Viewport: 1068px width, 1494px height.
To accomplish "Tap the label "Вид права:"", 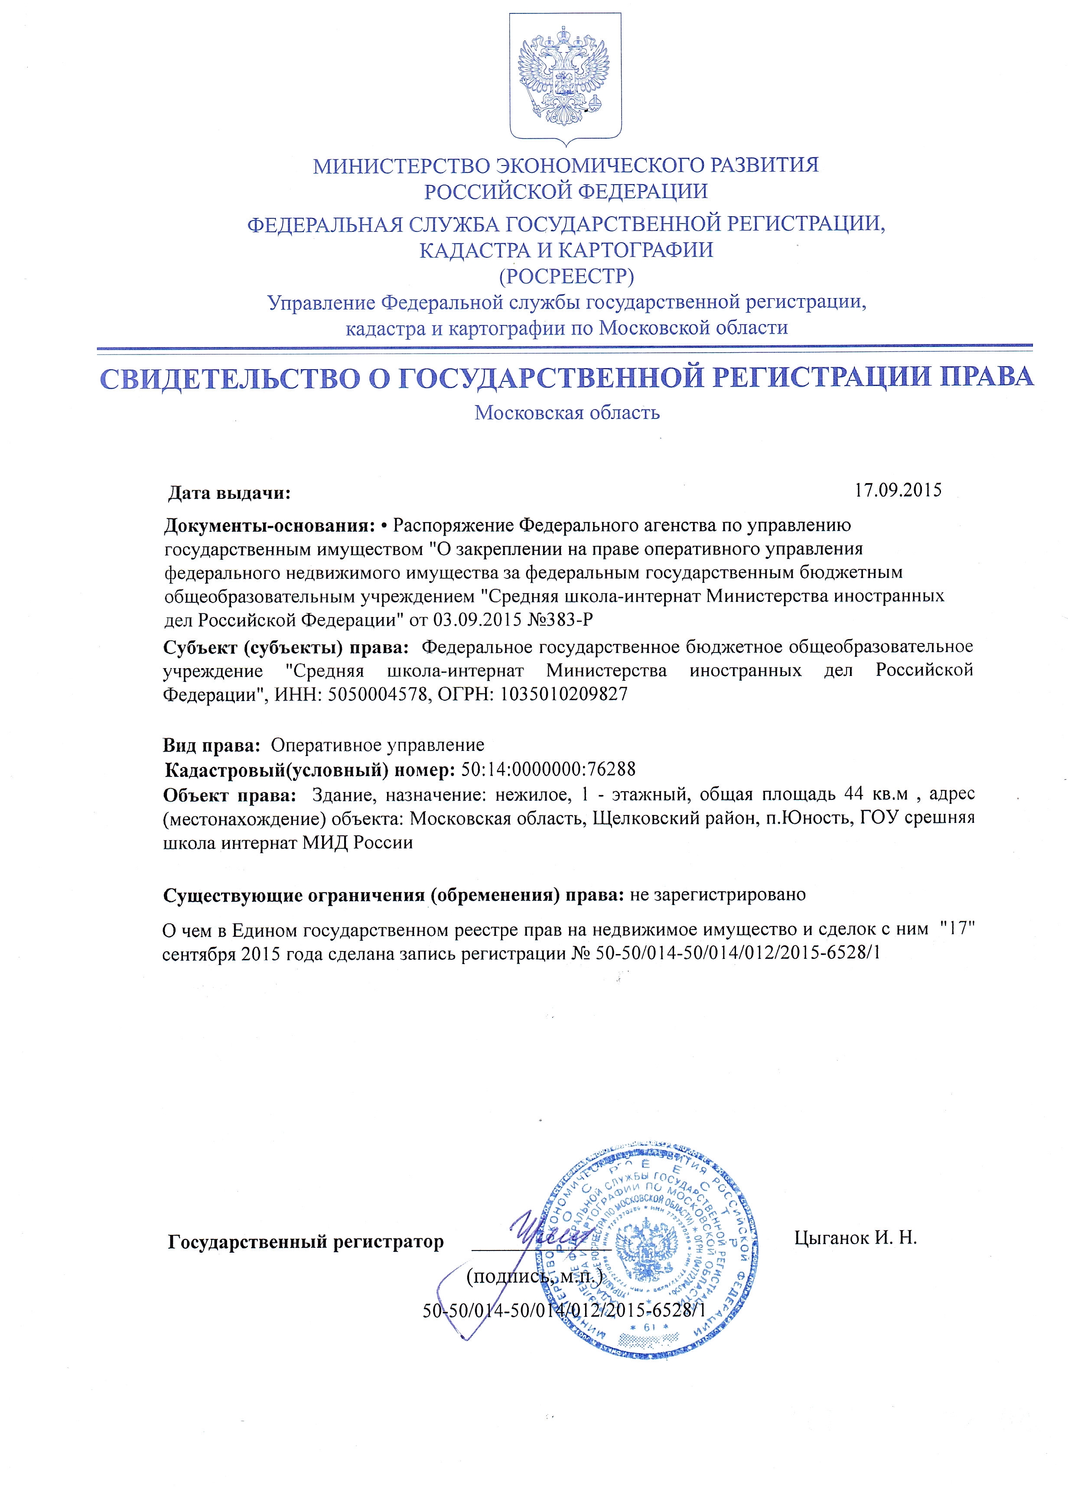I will click(212, 745).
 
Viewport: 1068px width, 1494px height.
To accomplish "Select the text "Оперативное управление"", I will click(378, 745).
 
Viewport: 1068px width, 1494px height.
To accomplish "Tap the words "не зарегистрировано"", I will click(717, 895).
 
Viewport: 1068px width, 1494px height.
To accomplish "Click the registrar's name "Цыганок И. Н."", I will click(855, 1238).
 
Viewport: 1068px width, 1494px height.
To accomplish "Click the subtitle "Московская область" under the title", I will click(567, 413).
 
